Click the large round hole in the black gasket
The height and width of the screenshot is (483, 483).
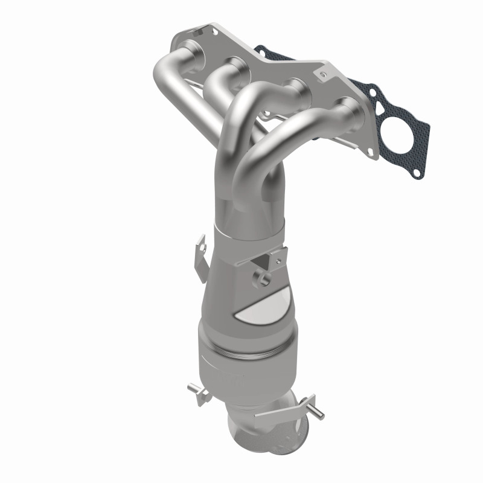point(395,134)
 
